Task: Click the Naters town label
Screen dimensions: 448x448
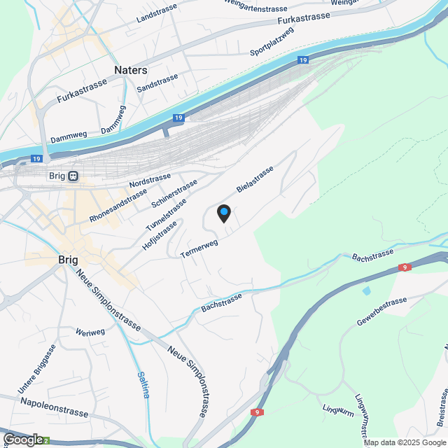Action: (131, 71)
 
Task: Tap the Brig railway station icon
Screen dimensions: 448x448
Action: (73, 176)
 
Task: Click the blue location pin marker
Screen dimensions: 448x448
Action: (224, 213)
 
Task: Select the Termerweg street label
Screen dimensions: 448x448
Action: (199, 248)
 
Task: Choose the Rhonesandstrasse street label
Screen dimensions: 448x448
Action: (118, 206)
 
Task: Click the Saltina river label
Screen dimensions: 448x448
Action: (143, 384)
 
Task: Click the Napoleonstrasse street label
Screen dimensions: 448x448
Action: (55, 407)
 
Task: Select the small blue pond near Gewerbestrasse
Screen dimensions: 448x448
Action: (367, 290)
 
